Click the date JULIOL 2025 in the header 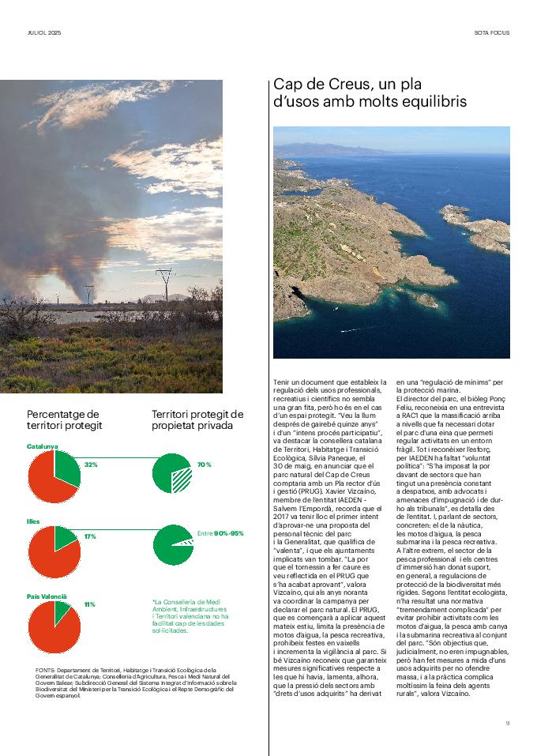pyautogui.click(x=43, y=33)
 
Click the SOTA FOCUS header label pyautogui.click(x=492, y=33)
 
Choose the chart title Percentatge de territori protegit pyautogui.click(x=63, y=419)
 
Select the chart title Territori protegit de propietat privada pyautogui.click(x=197, y=419)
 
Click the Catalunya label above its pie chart pyautogui.click(x=43, y=446)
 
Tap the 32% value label pyautogui.click(x=91, y=465)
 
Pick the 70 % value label pyautogui.click(x=204, y=465)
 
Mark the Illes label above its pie pyautogui.click(x=33, y=521)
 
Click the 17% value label pyautogui.click(x=90, y=536)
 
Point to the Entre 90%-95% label pyautogui.click(x=220, y=533)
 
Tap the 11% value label pyautogui.click(x=90, y=604)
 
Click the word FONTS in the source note pyautogui.click(x=45, y=671)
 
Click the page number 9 pyautogui.click(x=508, y=722)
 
